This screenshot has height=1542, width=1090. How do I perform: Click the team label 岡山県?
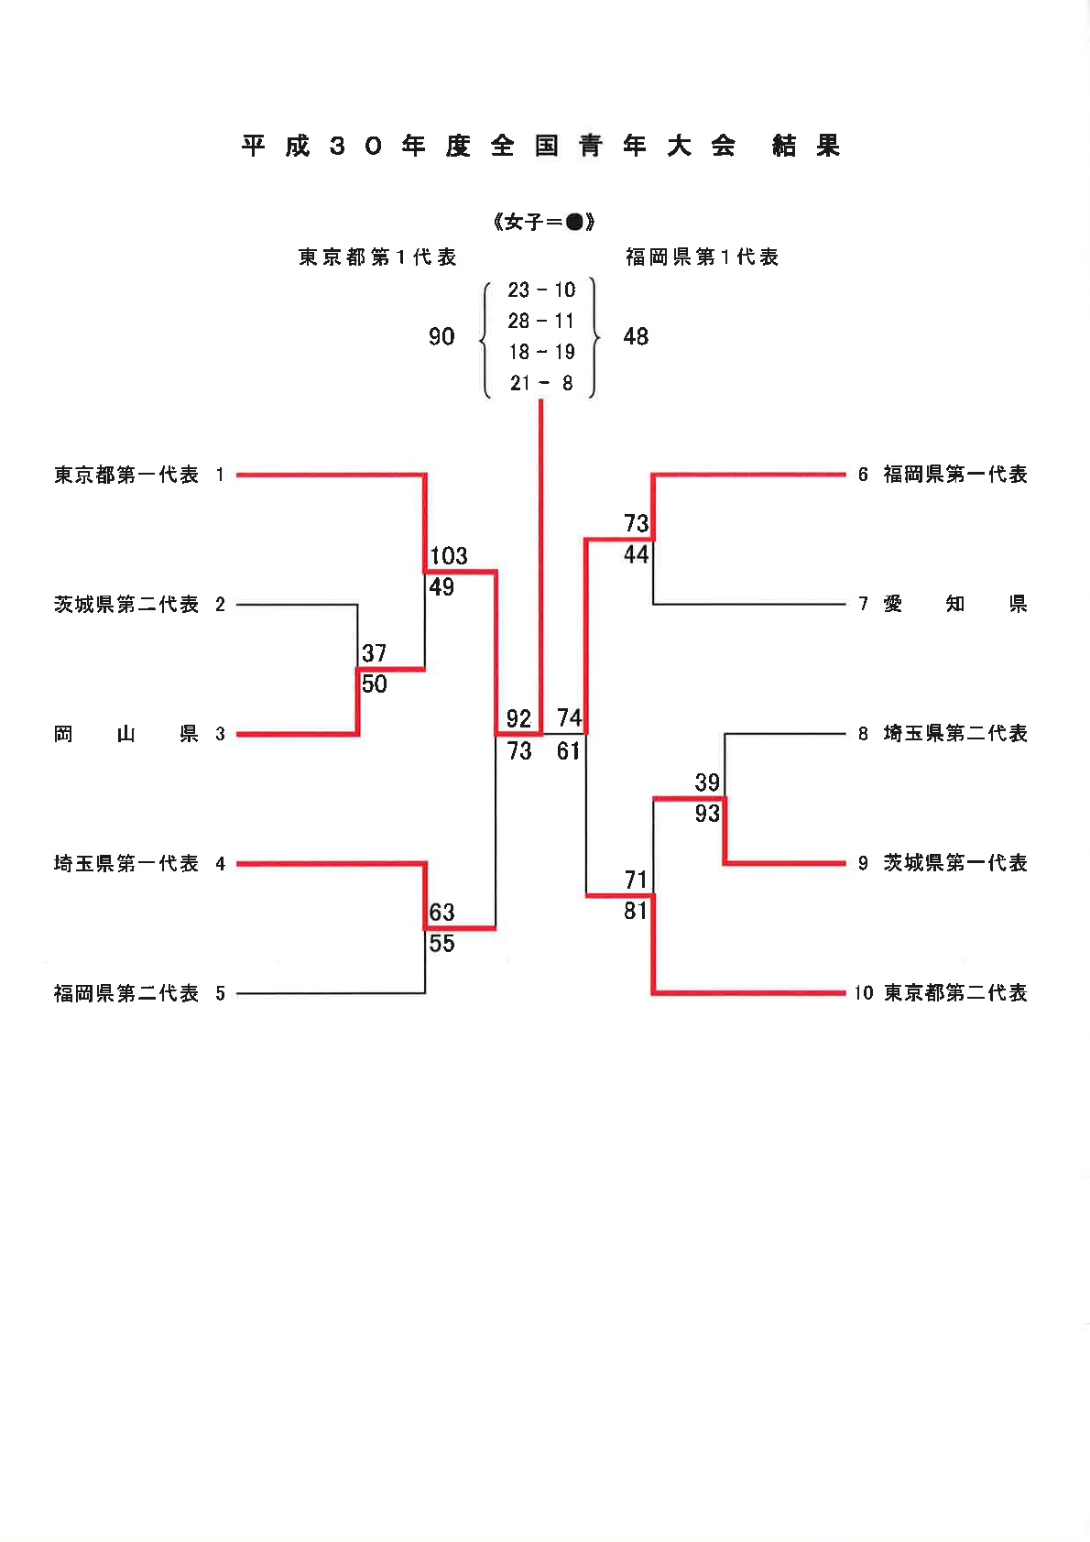(126, 734)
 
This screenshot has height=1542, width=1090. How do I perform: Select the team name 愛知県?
(955, 604)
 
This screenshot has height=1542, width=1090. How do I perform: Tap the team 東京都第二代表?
(955, 992)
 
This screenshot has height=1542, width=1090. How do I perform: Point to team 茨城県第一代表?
(955, 862)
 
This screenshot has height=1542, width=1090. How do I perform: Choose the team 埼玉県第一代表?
(126, 863)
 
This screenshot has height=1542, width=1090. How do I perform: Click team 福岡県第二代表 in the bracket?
(126, 992)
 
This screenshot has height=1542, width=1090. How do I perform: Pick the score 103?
(449, 555)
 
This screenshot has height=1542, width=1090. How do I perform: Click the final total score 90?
(441, 336)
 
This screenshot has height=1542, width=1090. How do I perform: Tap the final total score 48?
(636, 336)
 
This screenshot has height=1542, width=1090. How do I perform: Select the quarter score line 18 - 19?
(541, 352)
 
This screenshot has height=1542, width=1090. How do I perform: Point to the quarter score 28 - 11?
(540, 321)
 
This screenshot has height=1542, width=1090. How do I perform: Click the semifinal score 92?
(518, 718)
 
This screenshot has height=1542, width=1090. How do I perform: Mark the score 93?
(707, 814)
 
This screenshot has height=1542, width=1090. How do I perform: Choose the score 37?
(375, 652)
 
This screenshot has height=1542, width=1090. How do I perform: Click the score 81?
(636, 912)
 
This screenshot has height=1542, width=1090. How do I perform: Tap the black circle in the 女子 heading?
(574, 222)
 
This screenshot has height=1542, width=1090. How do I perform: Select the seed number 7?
(863, 605)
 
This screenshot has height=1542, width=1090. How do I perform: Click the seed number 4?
(220, 864)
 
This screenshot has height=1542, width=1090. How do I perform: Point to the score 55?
(441, 944)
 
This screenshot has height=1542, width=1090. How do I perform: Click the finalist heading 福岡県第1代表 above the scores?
(702, 257)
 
